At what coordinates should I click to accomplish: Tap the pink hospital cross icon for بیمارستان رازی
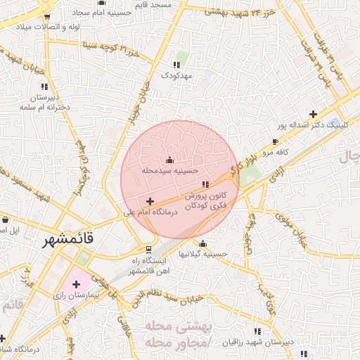[76, 284]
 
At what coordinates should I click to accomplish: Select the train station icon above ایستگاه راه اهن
[148, 249]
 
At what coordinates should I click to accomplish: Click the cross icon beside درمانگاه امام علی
[149, 202]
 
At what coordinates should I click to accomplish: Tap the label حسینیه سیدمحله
[171, 169]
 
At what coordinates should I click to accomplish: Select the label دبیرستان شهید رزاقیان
[257, 342]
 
